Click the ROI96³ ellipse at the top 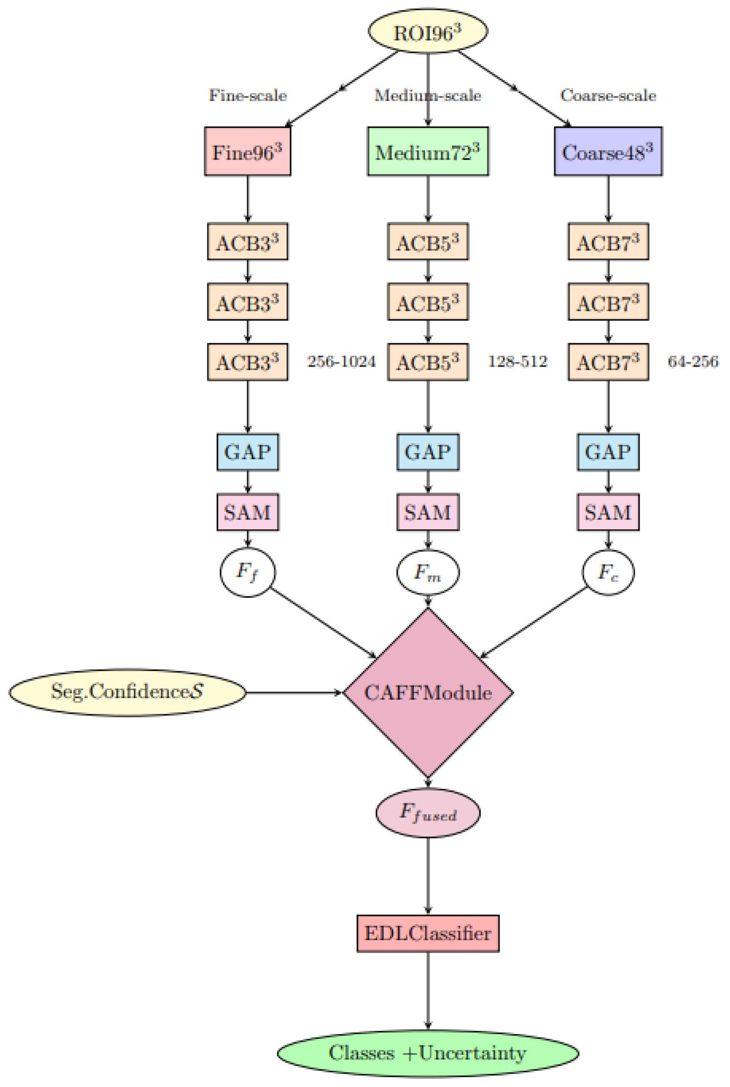428,32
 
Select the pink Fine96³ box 248,151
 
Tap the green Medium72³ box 428,151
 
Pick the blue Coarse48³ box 608,151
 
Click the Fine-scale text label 248,95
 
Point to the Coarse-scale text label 608,95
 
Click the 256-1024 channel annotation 341,362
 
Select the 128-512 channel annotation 517,362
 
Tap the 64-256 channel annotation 693,362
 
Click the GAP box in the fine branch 248,452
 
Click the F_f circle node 248,572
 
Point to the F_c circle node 608,572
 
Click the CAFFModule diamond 428,692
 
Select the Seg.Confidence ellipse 127,692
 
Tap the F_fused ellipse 428,813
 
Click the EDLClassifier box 428,933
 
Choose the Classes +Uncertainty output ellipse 428,1053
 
